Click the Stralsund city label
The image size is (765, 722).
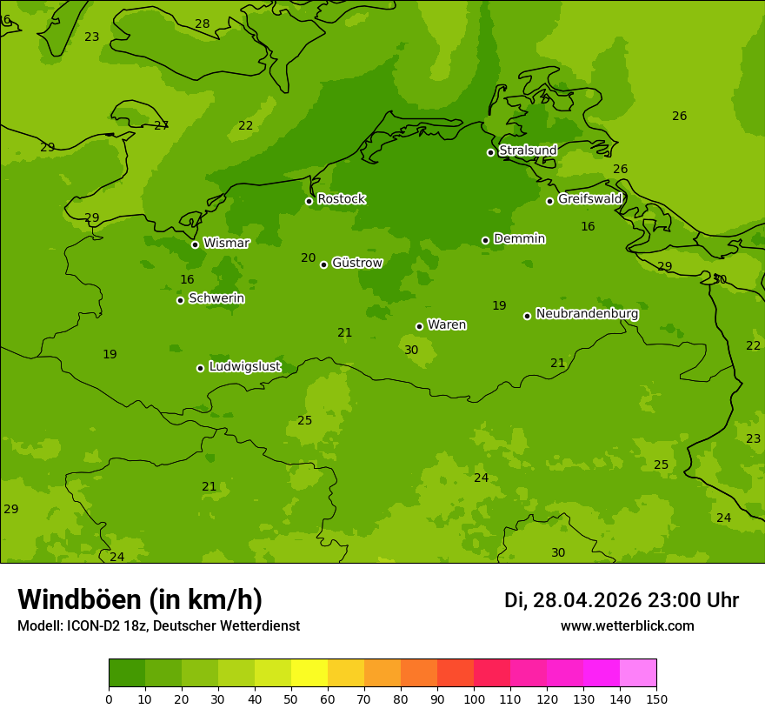pyautogui.click(x=528, y=150)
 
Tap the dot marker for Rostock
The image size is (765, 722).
pyautogui.click(x=309, y=201)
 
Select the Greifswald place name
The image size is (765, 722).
pyautogui.click(x=589, y=199)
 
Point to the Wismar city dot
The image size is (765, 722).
pyautogui.click(x=195, y=244)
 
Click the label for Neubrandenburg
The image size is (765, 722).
pyautogui.click(x=587, y=314)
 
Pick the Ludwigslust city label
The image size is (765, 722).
pyautogui.click(x=244, y=367)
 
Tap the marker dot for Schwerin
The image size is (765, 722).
pyautogui.click(x=180, y=300)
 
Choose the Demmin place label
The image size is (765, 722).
pyautogui.click(x=519, y=238)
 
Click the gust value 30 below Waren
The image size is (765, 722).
pyautogui.click(x=411, y=351)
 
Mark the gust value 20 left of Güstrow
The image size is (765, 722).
pyautogui.click(x=309, y=258)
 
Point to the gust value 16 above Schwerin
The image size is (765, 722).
pyautogui.click(x=187, y=280)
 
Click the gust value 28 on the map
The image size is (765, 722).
pyautogui.click(x=202, y=24)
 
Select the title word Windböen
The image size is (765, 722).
pyautogui.click(x=80, y=599)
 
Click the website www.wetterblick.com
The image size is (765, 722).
pyautogui.click(x=627, y=626)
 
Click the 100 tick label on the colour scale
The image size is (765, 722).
pyautogui.click(x=474, y=699)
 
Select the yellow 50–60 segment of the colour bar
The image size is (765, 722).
pyautogui.click(x=309, y=672)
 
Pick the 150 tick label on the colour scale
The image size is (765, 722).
pyautogui.click(x=656, y=699)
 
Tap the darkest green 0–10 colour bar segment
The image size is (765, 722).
pyautogui.click(x=127, y=672)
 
